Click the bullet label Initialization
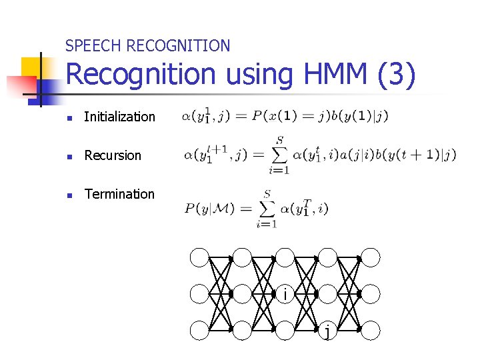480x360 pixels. (x=119, y=117)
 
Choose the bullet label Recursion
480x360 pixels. (x=113, y=155)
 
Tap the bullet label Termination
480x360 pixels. (x=119, y=194)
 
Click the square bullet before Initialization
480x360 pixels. (x=69, y=117)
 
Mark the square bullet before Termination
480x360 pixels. (x=69, y=195)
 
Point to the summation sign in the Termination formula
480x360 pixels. (x=267, y=209)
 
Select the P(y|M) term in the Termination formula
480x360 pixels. (x=209, y=209)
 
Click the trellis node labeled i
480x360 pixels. (x=285, y=293)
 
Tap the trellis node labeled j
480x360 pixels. (x=327, y=329)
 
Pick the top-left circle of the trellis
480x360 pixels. (x=199, y=257)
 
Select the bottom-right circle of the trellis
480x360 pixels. (x=370, y=329)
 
